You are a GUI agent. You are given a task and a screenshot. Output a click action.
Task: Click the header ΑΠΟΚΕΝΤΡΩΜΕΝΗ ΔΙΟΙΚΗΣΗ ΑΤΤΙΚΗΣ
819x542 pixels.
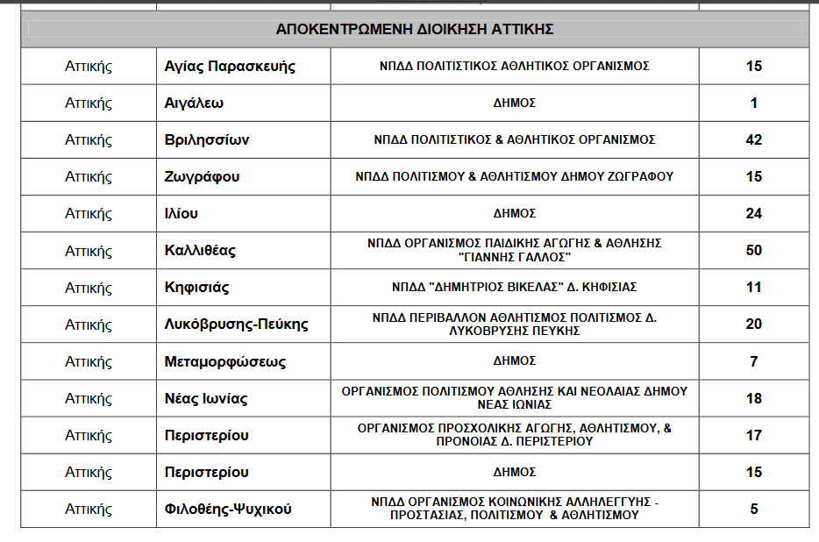pos(414,29)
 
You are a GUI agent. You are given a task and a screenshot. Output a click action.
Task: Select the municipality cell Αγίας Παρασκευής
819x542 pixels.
pos(230,67)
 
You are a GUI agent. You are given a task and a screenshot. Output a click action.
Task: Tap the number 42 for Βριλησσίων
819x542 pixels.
pos(753,140)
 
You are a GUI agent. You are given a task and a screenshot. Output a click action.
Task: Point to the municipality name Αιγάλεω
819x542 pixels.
pos(194,103)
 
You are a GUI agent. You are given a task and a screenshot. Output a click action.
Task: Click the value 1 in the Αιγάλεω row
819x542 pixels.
pos(753,103)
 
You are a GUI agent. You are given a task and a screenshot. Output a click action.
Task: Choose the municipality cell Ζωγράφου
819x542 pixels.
pos(202,177)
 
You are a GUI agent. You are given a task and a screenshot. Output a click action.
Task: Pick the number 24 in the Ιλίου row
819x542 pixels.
pos(753,214)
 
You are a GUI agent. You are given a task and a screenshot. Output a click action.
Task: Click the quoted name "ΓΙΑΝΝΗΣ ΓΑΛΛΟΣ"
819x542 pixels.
pos(515,257)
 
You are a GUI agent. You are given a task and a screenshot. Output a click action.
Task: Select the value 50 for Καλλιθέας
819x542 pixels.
pos(753,251)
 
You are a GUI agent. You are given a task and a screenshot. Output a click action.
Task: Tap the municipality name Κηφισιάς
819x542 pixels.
pos(197,288)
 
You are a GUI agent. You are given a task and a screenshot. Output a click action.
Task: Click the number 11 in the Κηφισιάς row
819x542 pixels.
pos(753,288)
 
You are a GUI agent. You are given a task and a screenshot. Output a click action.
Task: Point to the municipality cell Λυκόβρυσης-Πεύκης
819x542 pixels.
pos(236,324)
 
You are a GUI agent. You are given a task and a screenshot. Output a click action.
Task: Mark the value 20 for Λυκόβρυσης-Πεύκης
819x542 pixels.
pos(753,324)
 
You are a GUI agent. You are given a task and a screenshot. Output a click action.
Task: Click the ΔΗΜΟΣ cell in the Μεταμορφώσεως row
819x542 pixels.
pos(515,361)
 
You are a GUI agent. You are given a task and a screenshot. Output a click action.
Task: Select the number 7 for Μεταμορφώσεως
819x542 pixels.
pos(753,361)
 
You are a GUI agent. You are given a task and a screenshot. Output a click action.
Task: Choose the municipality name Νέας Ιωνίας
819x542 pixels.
pos(206,399)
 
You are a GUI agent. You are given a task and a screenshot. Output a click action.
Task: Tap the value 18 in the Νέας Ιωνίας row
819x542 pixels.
pos(753,399)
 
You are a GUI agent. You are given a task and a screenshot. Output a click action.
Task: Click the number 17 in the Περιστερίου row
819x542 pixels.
pos(753,435)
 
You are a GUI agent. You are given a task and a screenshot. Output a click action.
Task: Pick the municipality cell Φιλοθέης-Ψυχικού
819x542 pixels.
pos(228,510)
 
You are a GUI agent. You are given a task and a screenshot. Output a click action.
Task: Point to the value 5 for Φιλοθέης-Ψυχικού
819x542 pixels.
pos(753,510)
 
